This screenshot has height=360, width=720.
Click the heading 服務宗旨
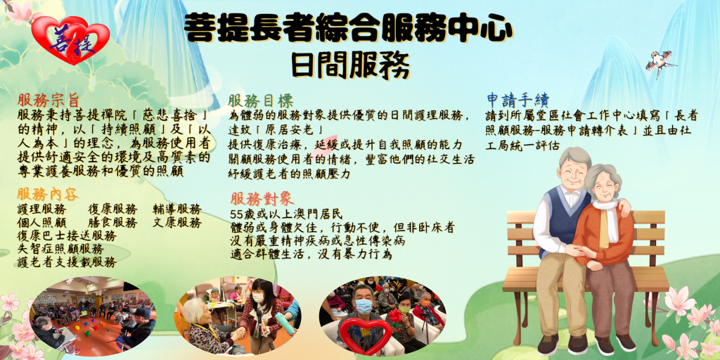point(49,100)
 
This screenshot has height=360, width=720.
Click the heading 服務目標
point(260,101)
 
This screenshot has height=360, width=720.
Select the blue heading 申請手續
point(518,100)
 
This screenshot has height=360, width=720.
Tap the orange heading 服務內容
point(48,194)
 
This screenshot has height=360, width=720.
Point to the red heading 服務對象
point(262,199)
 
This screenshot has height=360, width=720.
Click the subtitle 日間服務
point(350,65)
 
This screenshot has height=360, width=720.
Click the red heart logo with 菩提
point(70,40)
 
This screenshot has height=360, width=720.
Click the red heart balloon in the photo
point(365,334)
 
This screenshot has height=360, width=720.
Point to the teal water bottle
point(285,323)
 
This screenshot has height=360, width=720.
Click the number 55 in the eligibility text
point(236,214)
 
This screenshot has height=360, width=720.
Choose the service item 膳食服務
point(112,223)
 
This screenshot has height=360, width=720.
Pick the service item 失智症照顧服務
point(60,250)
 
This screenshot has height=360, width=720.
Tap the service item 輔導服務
point(177,210)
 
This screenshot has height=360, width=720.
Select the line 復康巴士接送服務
point(67,236)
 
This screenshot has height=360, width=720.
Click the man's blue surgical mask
point(364,307)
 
